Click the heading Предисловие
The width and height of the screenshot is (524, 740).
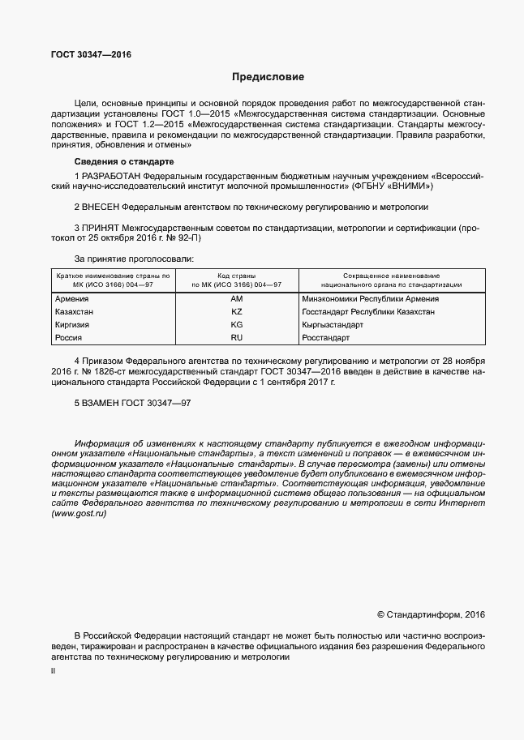coord(268,78)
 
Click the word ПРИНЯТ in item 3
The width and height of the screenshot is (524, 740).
coord(101,229)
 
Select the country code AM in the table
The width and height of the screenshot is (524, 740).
coord(237,299)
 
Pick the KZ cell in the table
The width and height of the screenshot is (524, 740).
coord(237,312)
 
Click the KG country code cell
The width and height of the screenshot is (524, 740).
coord(237,324)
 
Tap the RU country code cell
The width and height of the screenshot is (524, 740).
coord(237,337)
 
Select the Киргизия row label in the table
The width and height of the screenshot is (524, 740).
coord(72,324)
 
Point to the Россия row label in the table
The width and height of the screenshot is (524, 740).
coord(68,337)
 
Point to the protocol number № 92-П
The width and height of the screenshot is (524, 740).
coord(183,240)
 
